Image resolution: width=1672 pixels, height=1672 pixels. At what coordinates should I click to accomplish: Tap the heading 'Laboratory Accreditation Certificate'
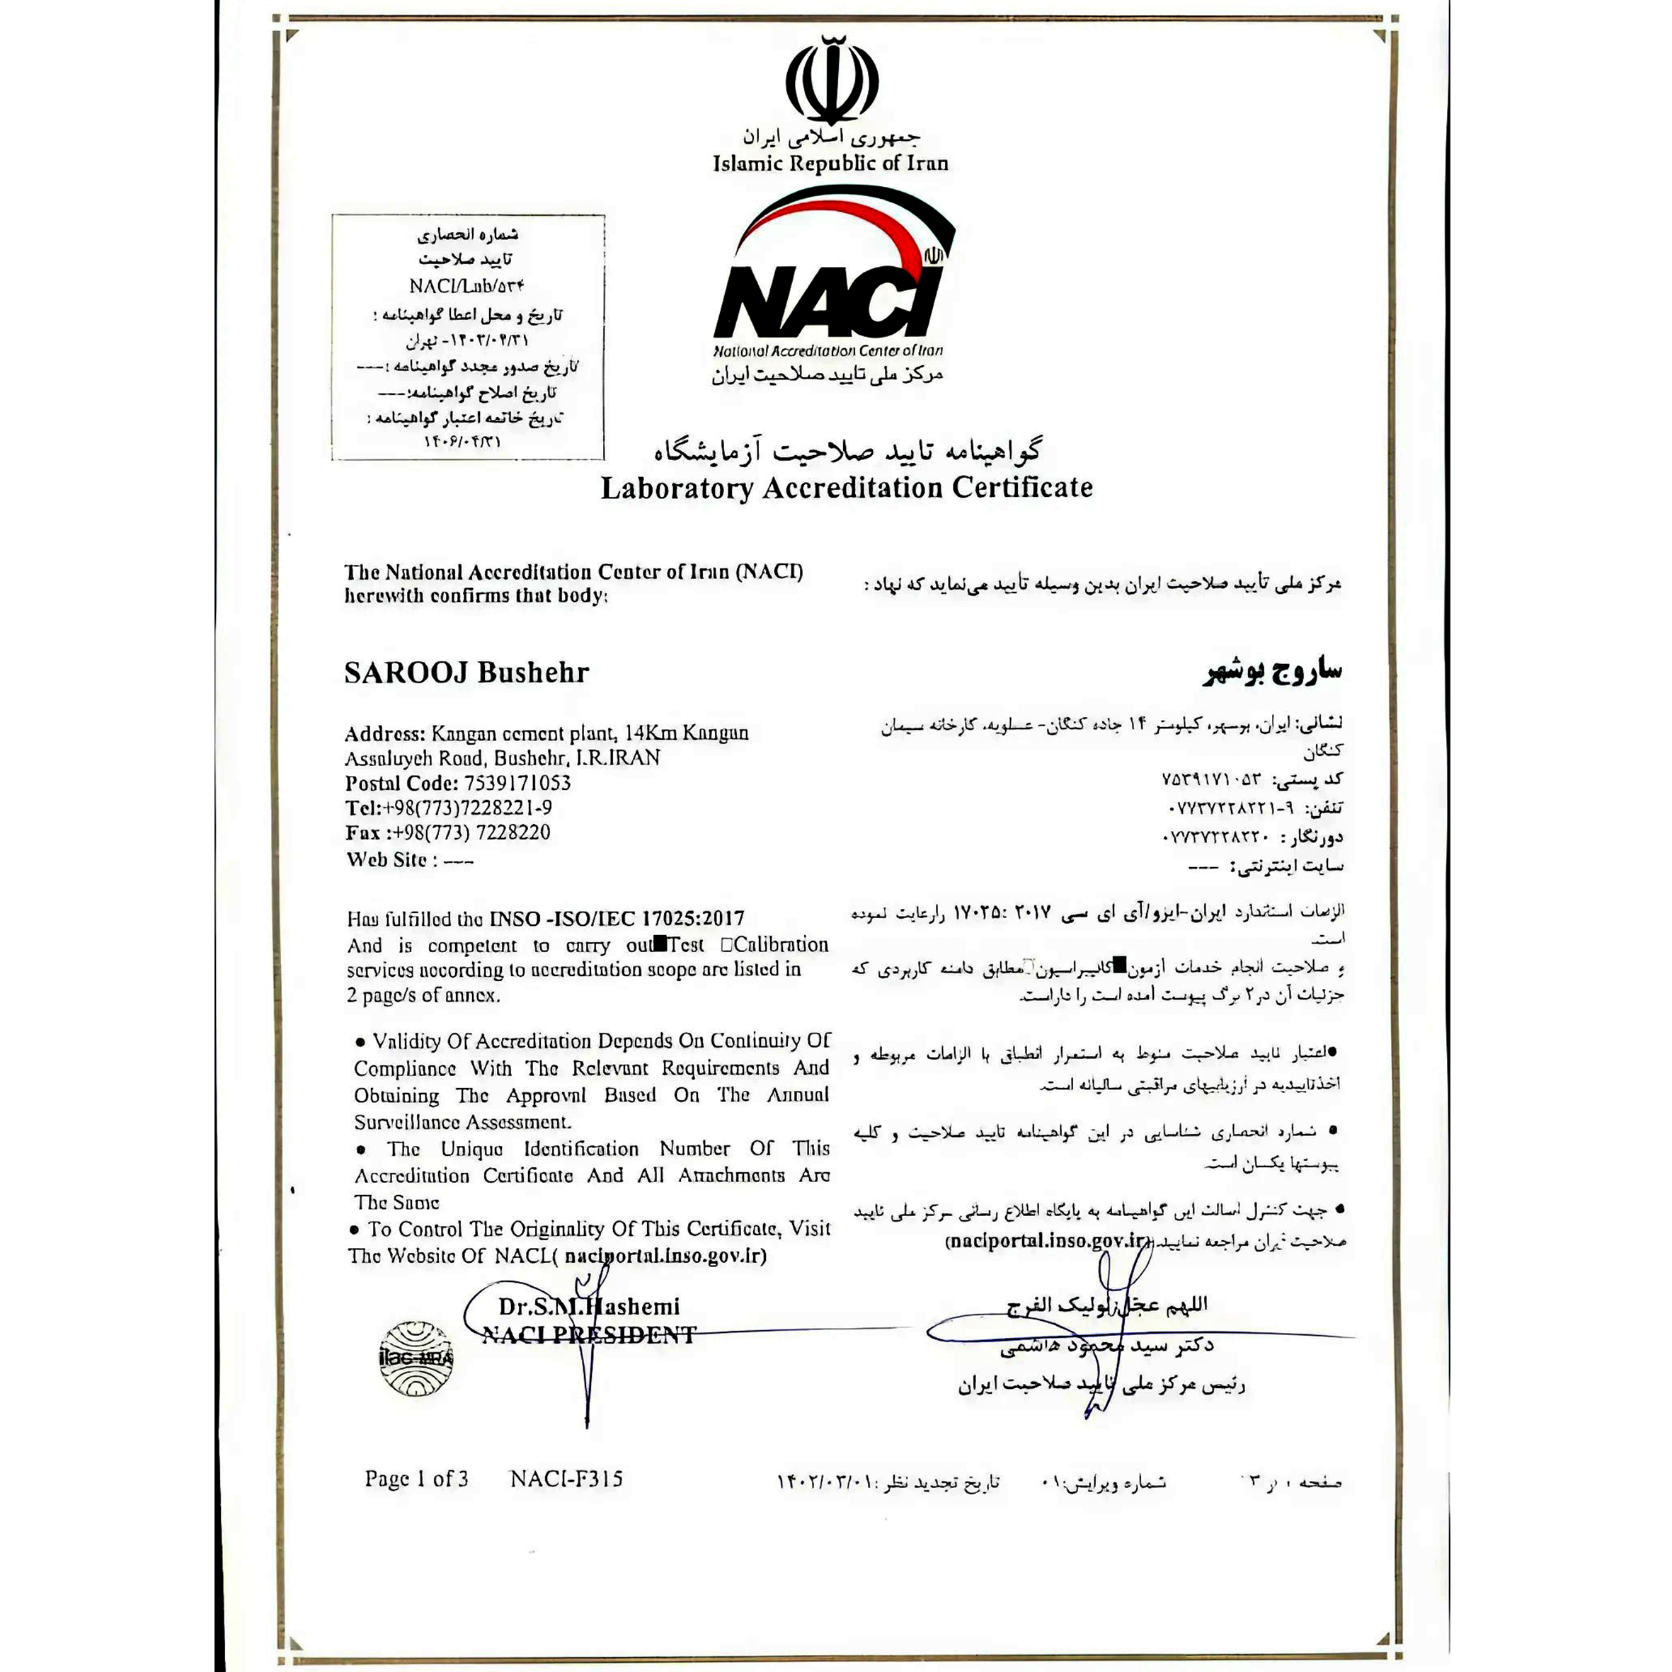pos(847,488)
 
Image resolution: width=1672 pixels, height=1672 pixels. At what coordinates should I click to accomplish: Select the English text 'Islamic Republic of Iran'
pos(830,164)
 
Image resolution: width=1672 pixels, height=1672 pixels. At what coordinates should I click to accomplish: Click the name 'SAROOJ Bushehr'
pos(466,672)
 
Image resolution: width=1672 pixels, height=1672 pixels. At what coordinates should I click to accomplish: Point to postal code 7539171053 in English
pos(517,783)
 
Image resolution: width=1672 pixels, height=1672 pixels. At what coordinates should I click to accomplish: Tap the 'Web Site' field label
pos(386,859)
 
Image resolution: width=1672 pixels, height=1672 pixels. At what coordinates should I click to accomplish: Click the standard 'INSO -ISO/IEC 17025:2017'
pos(616,919)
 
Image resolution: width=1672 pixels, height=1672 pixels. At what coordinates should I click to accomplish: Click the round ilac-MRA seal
pos(416,1358)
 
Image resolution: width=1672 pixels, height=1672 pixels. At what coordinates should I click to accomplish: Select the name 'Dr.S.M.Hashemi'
pos(588,1307)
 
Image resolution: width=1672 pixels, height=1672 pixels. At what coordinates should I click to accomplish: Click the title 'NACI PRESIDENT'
pos(588,1335)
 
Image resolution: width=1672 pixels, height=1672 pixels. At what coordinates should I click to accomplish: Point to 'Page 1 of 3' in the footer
pos(416,1479)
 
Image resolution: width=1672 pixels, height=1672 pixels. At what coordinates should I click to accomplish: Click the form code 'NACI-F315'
pos(566,1479)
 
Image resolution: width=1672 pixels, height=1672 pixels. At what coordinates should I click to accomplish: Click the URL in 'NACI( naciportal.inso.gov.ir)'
pos(665,1256)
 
